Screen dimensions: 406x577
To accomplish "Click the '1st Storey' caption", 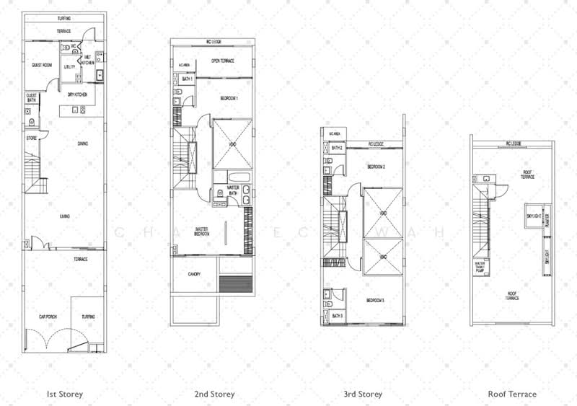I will (x=65, y=394).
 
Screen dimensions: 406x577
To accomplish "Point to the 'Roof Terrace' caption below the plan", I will (x=512, y=394).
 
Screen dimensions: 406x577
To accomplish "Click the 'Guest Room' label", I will (x=41, y=66).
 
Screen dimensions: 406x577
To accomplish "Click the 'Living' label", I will (x=64, y=215).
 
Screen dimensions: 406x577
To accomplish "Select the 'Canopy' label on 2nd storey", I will (x=195, y=274).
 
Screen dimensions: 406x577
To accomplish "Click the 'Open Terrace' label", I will (x=225, y=61).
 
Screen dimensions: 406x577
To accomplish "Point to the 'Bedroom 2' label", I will (x=376, y=167).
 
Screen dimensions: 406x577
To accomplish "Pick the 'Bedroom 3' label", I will (x=376, y=300).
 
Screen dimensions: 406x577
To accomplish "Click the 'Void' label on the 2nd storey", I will (x=231, y=144).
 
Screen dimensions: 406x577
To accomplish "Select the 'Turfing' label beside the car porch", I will (x=89, y=317).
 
